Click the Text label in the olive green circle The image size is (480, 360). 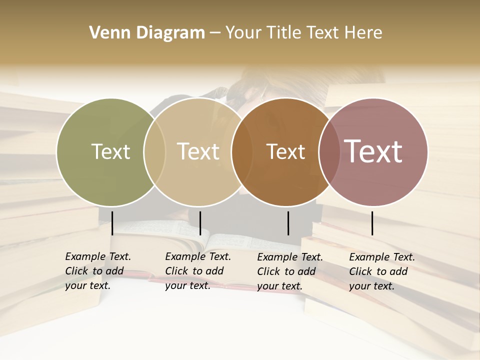coord(110,151)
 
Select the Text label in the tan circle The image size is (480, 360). coord(198,151)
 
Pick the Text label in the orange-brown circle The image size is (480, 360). coord(285,151)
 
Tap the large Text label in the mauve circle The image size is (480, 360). coord(373,151)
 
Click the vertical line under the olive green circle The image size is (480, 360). coord(112,223)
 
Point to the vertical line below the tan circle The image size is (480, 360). coord(200,223)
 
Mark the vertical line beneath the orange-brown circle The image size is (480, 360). coord(288,223)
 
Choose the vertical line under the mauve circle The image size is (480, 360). coord(372,223)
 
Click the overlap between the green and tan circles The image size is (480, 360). coord(154,151)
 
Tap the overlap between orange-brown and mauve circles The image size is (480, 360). coord(329,151)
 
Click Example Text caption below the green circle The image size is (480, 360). coord(97,271)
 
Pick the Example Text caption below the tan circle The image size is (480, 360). coord(197,271)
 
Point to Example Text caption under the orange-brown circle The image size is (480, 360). coord(289,271)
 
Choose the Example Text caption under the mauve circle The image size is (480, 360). coord(381,271)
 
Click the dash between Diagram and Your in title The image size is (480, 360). coord(215,33)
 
